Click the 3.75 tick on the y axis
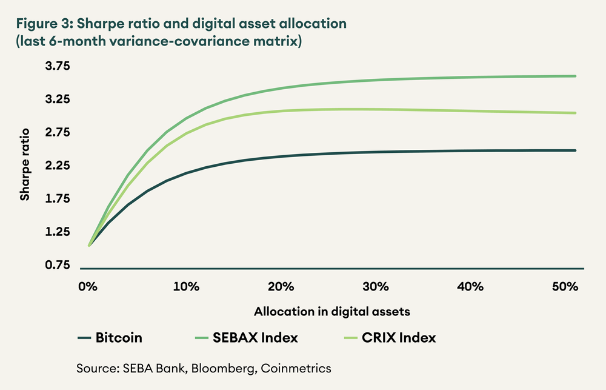(x=58, y=66)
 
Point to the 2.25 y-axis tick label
(x=58, y=166)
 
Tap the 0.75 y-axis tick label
(x=58, y=265)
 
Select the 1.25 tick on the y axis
(x=58, y=232)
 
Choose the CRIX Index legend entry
(x=398, y=338)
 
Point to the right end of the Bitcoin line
(x=575, y=150)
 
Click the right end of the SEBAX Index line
(x=575, y=76)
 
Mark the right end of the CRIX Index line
(x=575, y=113)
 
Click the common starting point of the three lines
(x=89, y=246)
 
